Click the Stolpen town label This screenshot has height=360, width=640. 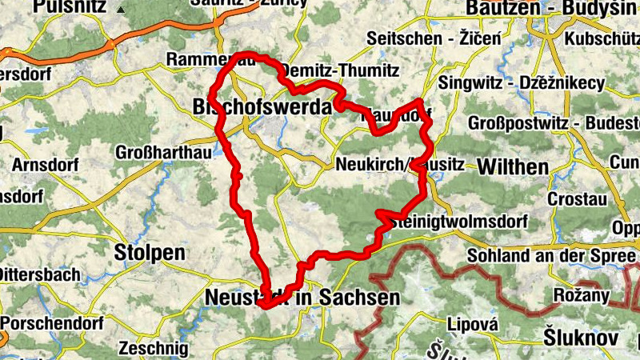click(x=150, y=253)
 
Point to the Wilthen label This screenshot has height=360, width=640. click(x=513, y=167)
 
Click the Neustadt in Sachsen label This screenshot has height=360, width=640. click(x=302, y=297)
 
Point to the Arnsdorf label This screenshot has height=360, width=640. click(x=42, y=166)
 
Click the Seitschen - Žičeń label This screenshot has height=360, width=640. click(x=433, y=38)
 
